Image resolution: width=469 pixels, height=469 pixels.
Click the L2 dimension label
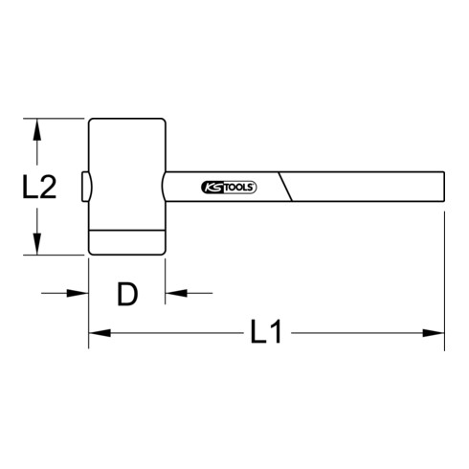pos(38,187)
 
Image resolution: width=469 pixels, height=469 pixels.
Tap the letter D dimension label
pos(127,294)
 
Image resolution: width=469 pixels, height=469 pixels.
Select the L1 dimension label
pos(265,334)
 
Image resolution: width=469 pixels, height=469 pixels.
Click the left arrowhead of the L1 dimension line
pos(97,334)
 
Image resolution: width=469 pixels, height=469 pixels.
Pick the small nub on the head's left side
pos(85,188)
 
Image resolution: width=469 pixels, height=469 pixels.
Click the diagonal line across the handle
pos(286,188)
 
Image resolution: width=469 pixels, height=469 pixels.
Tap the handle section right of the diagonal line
pos(364,188)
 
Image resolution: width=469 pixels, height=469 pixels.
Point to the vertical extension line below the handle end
pos(445,278)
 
